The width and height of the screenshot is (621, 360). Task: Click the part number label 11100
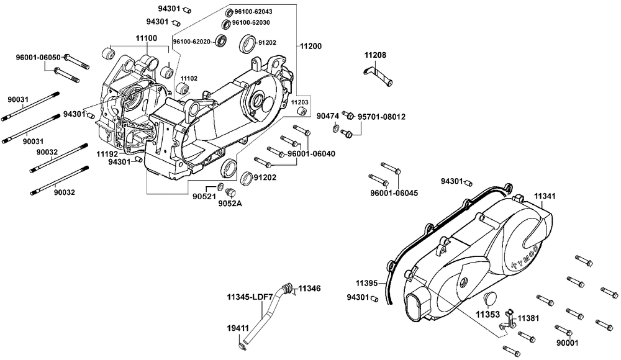[x=142, y=38]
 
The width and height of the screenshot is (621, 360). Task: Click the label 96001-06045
[x=394, y=193]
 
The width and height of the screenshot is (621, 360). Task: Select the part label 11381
[x=530, y=317]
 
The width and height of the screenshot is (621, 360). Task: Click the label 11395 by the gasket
[x=367, y=283]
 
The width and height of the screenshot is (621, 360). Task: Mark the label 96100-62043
[x=253, y=12]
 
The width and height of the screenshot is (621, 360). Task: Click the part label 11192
[x=107, y=152]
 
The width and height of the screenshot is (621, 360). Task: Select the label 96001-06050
[x=38, y=58]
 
